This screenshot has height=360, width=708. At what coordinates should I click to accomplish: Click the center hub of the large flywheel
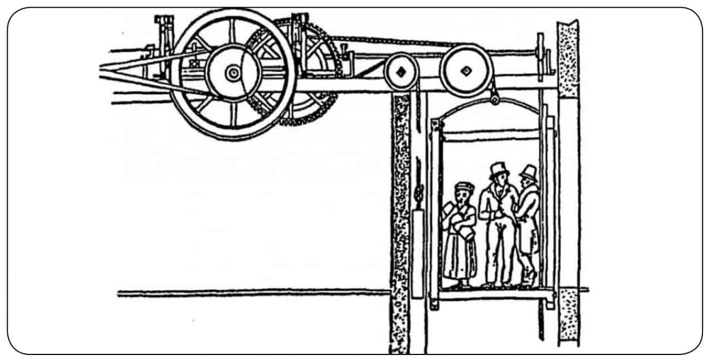coord(232,72)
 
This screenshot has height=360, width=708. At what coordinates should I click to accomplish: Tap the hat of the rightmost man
coord(528,171)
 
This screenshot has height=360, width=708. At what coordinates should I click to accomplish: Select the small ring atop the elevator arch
coord(494,100)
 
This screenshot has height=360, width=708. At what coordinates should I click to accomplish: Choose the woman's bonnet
coord(463,186)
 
